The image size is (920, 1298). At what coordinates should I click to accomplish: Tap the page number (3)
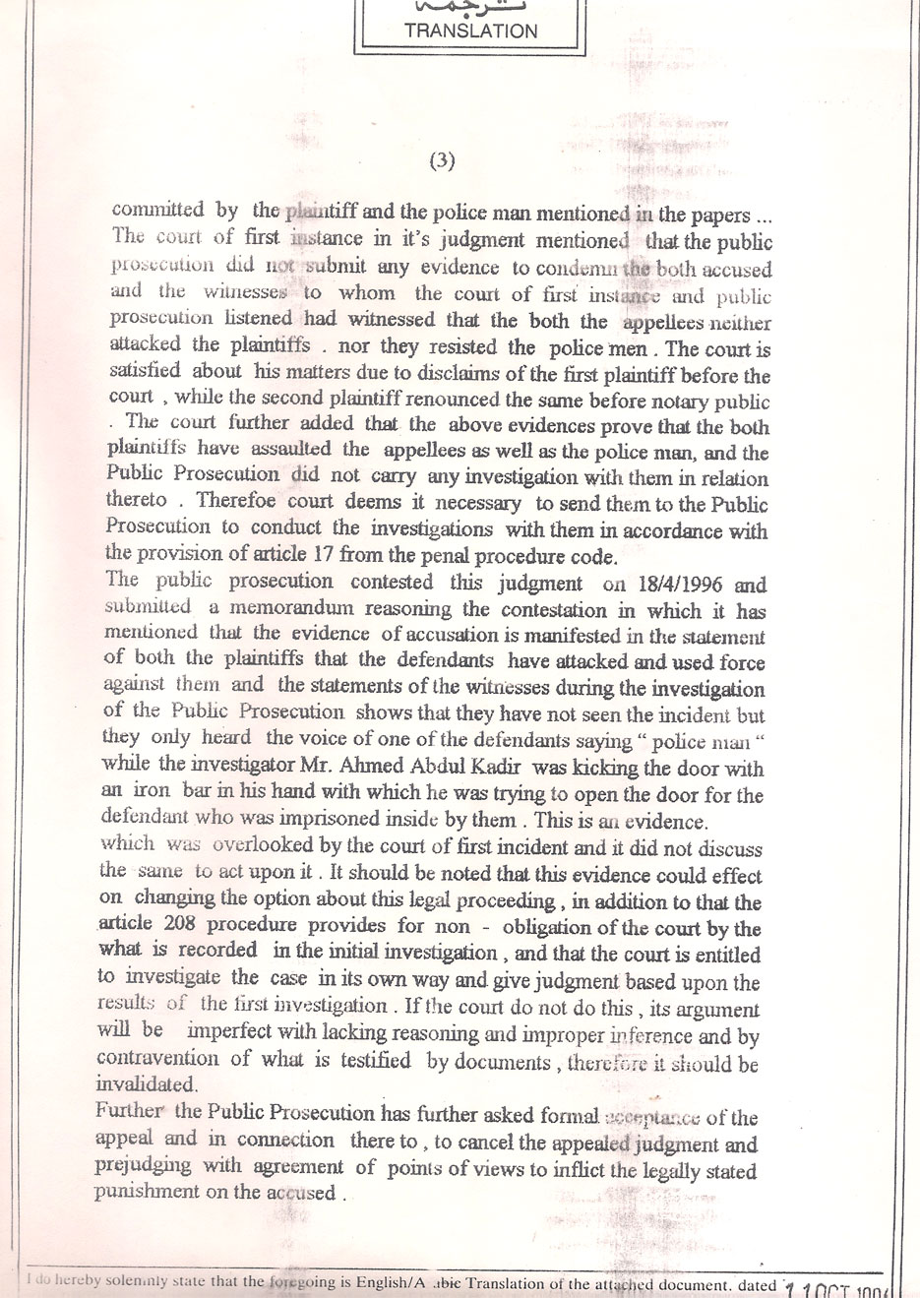pos(443,162)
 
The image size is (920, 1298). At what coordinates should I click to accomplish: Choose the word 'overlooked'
pos(251,848)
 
